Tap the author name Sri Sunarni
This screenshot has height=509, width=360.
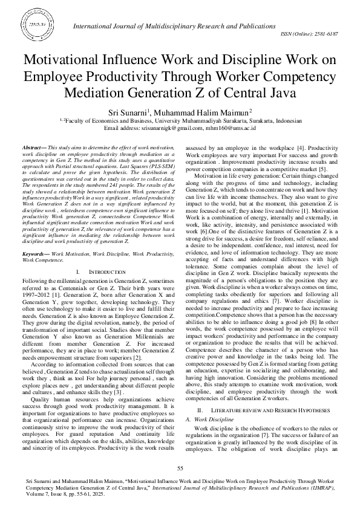(146, 113)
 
